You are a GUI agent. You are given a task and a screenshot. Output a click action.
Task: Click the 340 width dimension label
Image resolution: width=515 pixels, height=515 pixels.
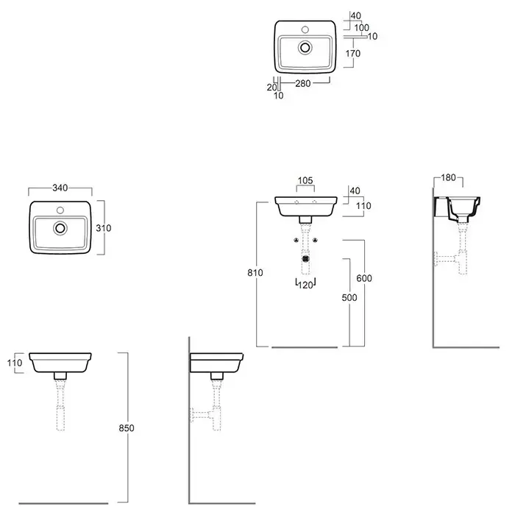coord(60,188)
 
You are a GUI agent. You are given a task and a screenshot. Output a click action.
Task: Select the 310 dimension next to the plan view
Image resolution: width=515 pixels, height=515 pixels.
coord(104,228)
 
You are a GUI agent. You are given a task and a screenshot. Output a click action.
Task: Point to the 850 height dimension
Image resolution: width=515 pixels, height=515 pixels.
coord(127,428)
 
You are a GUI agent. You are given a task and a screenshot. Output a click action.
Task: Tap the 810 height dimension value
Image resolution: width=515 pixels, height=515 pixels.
coord(255,273)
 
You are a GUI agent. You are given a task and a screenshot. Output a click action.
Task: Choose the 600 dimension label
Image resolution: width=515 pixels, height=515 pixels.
coord(364,278)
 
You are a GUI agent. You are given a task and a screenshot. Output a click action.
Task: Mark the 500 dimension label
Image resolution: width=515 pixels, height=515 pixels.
coord(349,297)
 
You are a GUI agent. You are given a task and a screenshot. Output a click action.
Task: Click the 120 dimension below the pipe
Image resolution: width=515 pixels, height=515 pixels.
coord(306,285)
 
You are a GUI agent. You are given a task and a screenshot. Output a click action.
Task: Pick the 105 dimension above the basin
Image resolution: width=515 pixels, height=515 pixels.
coord(305,181)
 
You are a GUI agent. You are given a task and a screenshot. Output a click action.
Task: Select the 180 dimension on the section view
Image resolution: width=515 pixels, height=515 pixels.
coord(448,178)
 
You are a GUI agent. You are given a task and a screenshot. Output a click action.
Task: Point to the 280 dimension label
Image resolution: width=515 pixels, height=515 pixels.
coord(303,84)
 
